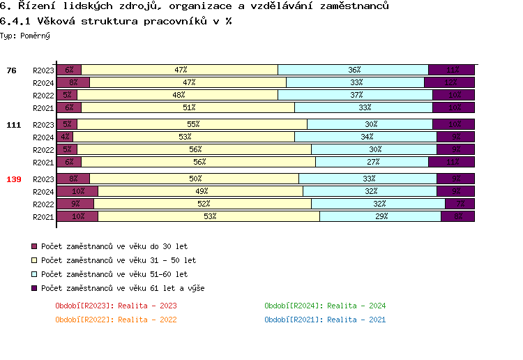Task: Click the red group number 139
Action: tap(14, 179)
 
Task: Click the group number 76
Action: tap(11, 70)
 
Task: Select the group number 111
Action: tap(14, 125)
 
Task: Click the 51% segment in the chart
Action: tap(188, 107)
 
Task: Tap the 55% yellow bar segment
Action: tap(192, 125)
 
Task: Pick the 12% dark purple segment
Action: tap(450, 82)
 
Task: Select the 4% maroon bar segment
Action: tap(65, 137)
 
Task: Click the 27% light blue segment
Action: tap(372, 163)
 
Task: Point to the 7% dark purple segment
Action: tap(460, 204)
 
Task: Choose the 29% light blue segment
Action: tap(381, 216)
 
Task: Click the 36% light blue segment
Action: tap(354, 70)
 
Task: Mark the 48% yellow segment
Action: tap(178, 95)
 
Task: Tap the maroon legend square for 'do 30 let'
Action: tap(34, 246)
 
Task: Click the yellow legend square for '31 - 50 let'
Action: tap(34, 260)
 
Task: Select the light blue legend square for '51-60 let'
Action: tap(34, 274)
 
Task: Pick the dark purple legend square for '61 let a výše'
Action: tap(34, 288)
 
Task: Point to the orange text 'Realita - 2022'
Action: tap(147, 320)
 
